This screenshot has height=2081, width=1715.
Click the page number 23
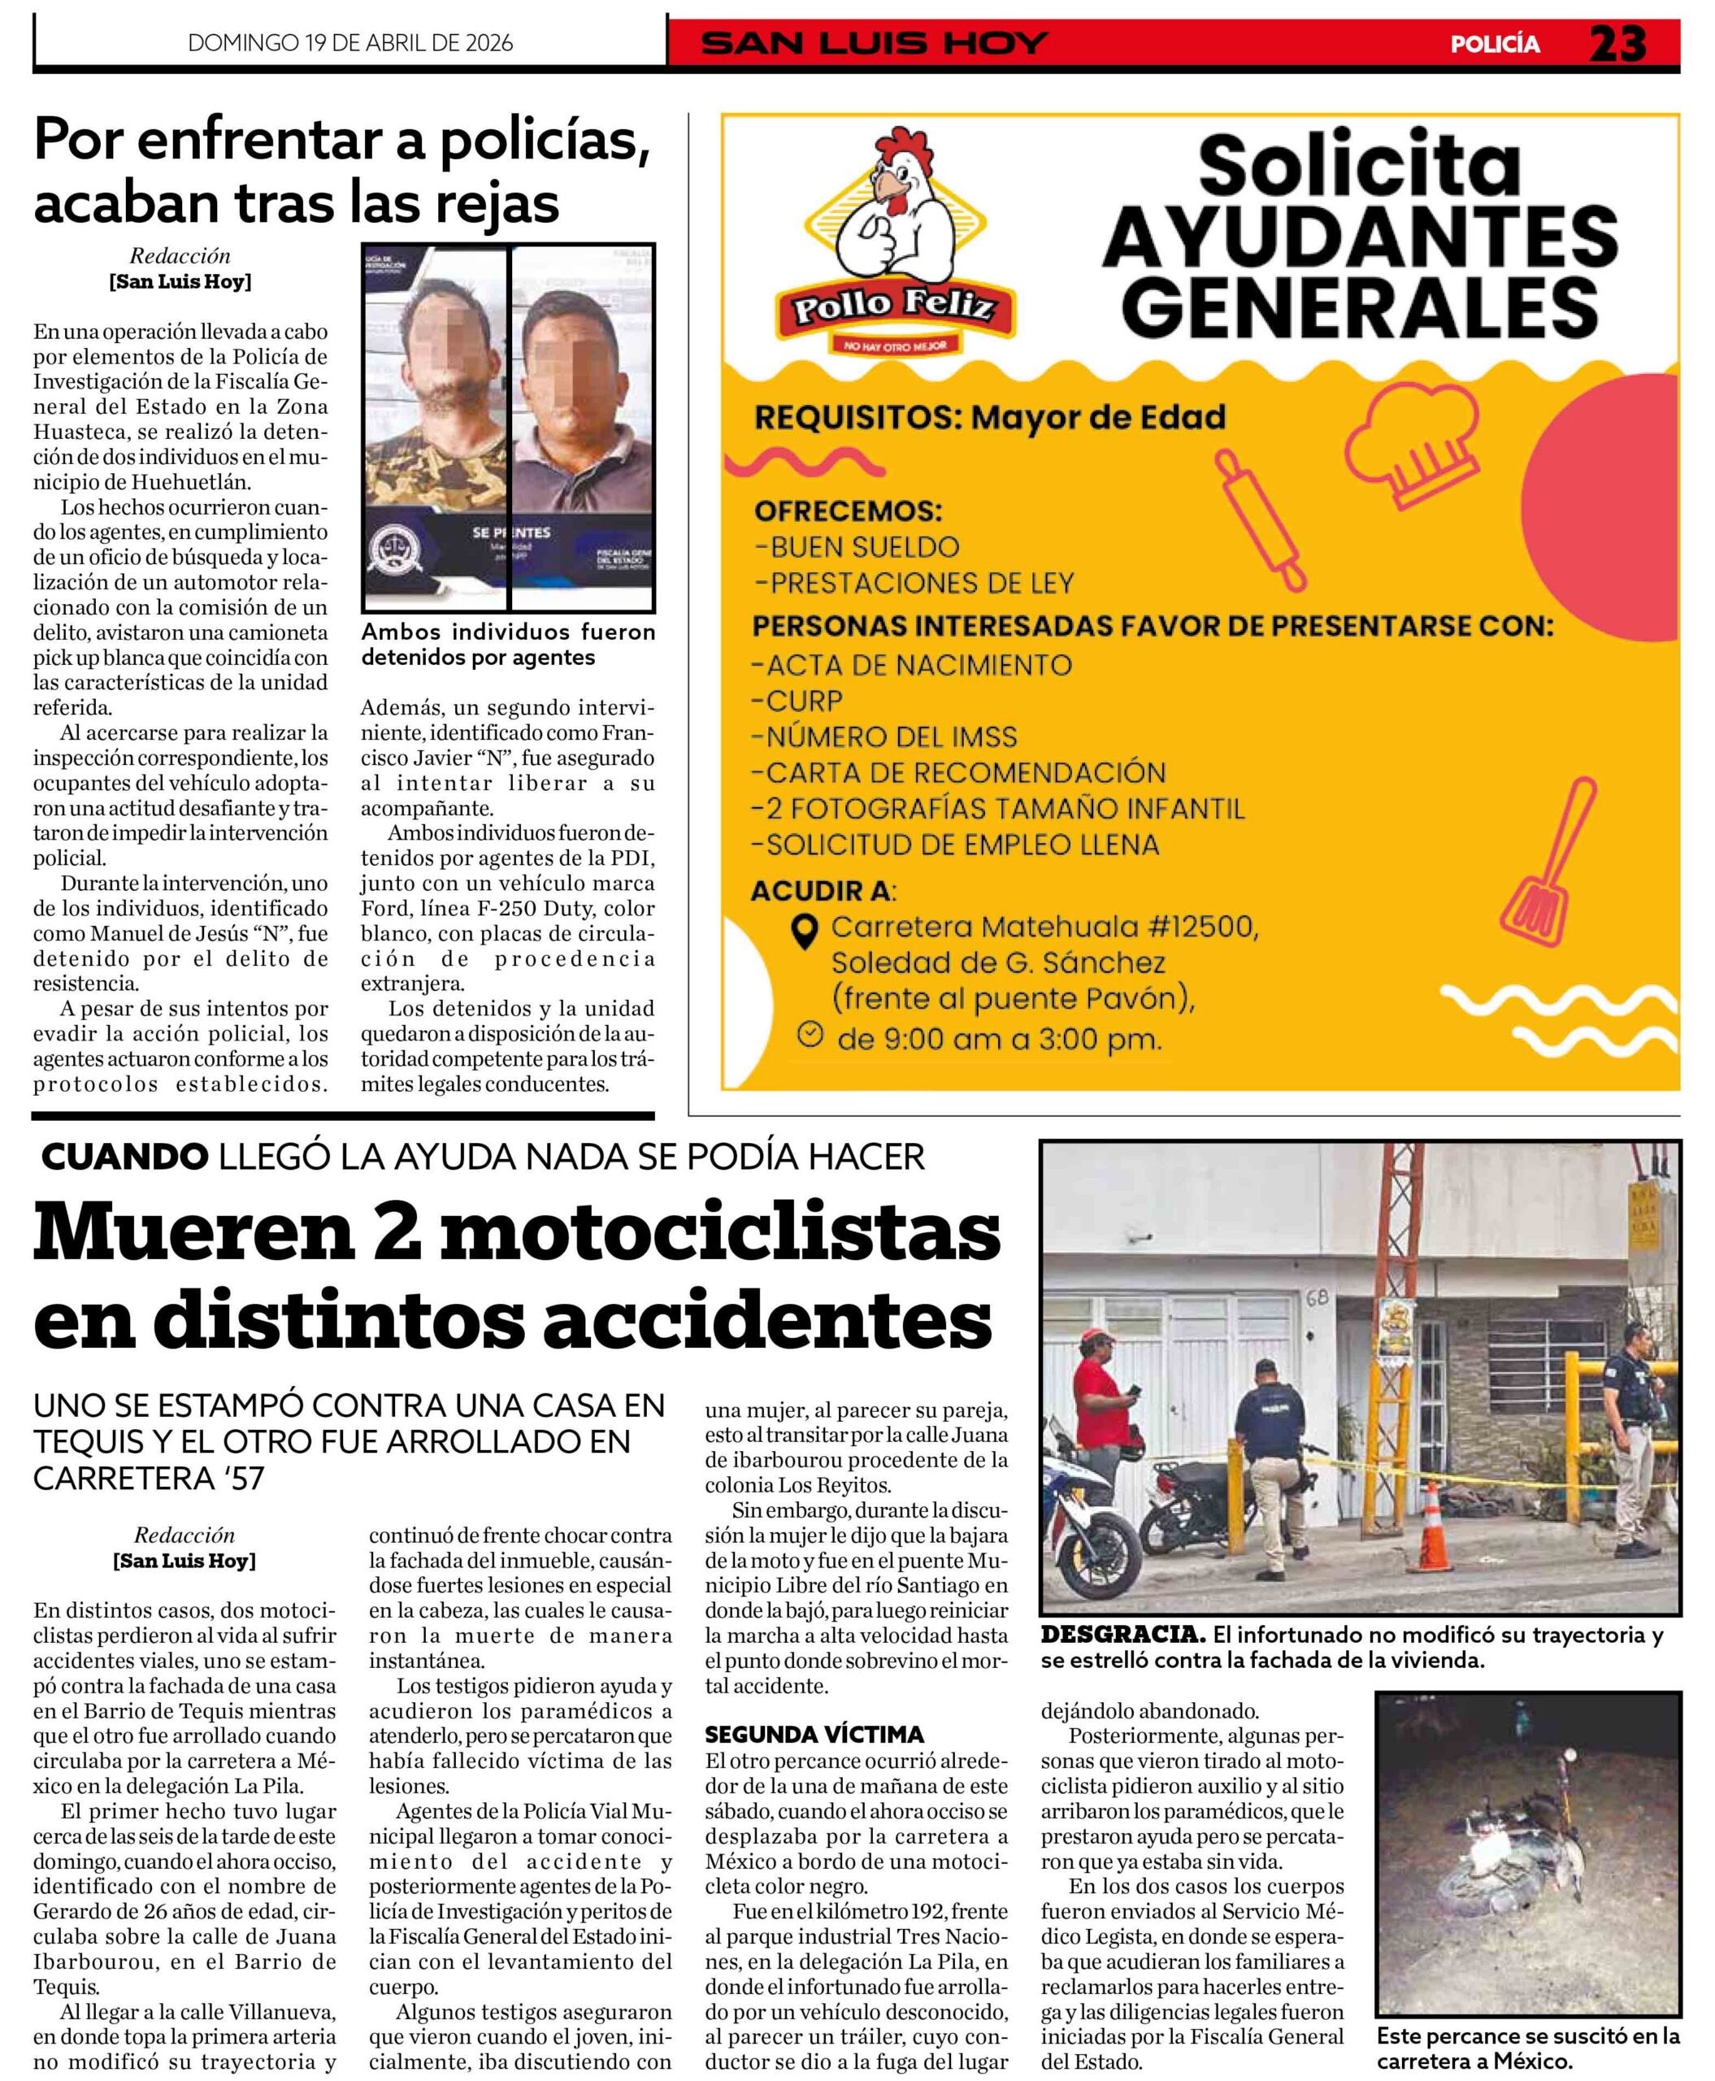pyautogui.click(x=1617, y=43)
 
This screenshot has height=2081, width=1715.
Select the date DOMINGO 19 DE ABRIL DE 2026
pyautogui.click(x=350, y=42)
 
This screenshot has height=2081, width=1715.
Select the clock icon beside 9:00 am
pyautogui.click(x=810, y=1035)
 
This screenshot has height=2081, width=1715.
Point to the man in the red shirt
pyautogui.click(x=1104, y=1430)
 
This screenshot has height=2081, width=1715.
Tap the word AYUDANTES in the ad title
pyautogui.click(x=1359, y=238)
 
